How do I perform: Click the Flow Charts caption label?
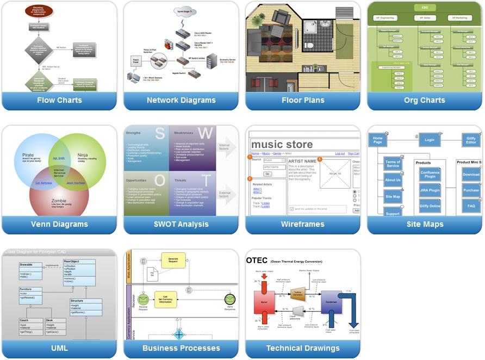[59, 100]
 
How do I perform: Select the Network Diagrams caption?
[181, 100]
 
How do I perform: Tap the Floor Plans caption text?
[303, 100]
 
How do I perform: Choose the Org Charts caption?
[425, 100]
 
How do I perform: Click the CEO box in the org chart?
[425, 8]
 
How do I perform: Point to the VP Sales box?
[425, 18]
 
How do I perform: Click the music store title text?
[282, 144]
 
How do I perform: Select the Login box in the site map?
[430, 140]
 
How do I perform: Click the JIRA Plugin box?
[430, 191]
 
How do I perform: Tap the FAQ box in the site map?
[471, 206]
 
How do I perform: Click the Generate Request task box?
[173, 260]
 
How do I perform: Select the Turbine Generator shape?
[297, 294]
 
